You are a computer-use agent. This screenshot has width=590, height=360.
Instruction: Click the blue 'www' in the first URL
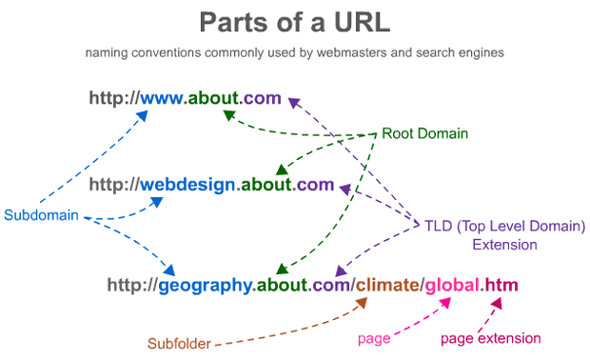coord(163,98)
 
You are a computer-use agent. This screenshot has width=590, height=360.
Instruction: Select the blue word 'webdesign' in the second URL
coord(187,185)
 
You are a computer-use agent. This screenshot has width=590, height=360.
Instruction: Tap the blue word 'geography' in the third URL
coord(206,285)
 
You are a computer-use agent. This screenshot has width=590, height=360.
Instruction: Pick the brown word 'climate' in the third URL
coord(387,285)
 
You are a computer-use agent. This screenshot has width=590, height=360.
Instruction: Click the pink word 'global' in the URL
coord(451,285)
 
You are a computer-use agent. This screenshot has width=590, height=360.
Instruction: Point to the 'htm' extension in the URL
coord(501,285)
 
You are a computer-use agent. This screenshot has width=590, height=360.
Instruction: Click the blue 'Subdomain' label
coord(41,215)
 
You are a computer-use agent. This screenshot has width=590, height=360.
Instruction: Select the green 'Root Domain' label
coord(424,133)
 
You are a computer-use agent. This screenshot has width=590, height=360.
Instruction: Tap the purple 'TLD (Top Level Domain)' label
coord(503,226)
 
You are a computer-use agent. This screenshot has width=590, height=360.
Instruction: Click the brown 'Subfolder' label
coord(179,343)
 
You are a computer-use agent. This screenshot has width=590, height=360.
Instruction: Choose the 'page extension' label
coord(490,338)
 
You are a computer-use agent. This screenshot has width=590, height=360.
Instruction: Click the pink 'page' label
coord(374,338)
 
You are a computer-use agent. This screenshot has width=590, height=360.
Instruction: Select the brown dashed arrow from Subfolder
coord(295,329)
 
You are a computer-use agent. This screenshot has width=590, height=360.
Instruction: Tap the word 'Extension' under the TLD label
coord(504,245)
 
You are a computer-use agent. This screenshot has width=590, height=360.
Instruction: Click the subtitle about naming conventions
coord(294,53)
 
